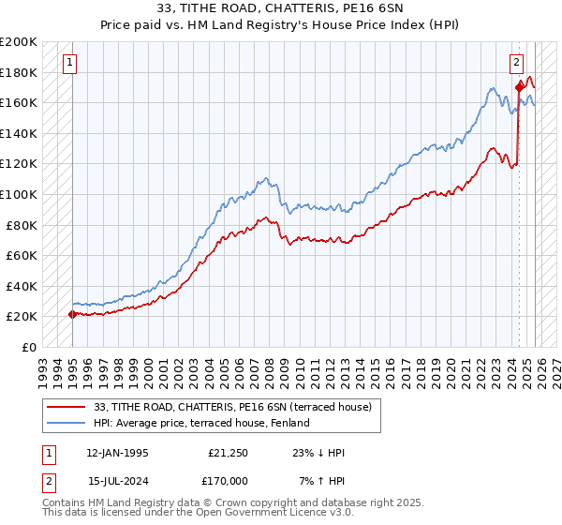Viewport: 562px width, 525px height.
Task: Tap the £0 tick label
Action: pos(28,347)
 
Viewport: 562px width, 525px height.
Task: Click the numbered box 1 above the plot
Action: pos(71,63)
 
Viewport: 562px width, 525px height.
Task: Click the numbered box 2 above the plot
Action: pos(516,63)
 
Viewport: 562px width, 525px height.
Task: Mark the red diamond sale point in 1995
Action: pos(72,314)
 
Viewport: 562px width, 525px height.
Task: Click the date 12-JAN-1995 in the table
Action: pos(116,453)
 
